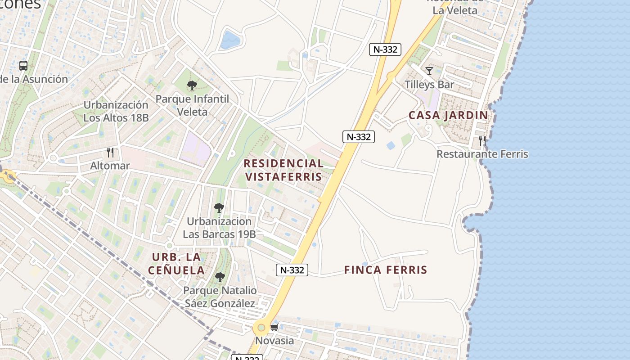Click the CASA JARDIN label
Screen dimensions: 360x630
(448, 115)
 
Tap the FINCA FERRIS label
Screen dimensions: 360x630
(386, 270)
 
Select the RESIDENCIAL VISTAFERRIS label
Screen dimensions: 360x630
(283, 170)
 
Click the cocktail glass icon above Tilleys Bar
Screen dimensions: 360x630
(429, 71)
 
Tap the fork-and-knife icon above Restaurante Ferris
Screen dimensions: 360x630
(482, 141)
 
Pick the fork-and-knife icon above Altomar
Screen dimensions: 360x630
(110, 153)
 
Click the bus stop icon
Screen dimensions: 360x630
(23, 66)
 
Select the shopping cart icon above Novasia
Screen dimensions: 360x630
(274, 327)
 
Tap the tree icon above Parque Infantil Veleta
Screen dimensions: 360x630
(192, 85)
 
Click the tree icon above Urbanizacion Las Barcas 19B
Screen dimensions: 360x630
(219, 208)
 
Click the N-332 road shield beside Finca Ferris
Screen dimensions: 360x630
(292, 270)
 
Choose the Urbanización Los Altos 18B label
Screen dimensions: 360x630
(116, 112)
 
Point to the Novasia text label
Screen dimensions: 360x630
(274, 341)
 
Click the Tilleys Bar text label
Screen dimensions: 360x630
(429, 85)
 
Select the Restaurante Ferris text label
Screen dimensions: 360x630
(482, 154)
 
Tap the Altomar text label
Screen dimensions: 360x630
(110, 166)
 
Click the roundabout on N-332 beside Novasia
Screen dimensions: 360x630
(261, 327)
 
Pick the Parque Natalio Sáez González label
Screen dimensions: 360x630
(220, 297)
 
